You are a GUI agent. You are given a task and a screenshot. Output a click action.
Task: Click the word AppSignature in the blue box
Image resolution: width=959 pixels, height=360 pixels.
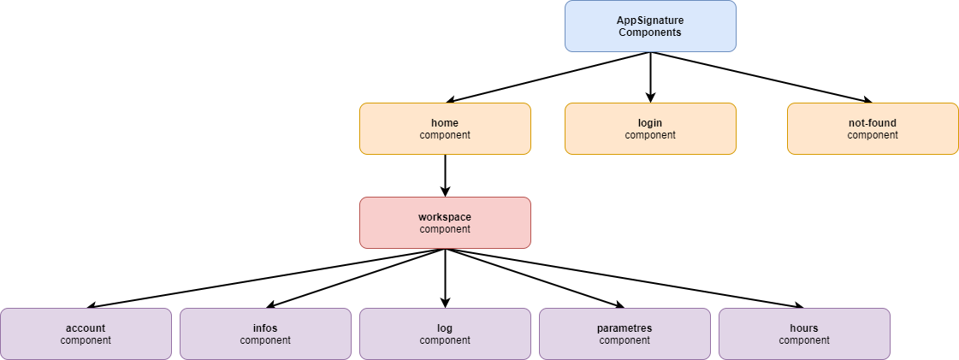point(650,20)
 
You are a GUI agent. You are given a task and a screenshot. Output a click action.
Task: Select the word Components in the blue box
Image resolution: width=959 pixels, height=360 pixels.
point(650,32)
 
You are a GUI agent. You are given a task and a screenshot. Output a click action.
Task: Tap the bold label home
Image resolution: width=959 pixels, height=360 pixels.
point(445,123)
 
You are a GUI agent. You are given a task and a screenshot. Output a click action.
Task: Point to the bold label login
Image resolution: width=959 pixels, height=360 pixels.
point(650,123)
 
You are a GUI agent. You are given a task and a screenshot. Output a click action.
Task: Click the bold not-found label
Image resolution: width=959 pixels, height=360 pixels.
point(873,123)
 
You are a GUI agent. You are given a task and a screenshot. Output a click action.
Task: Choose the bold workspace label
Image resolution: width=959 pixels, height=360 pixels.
point(445,217)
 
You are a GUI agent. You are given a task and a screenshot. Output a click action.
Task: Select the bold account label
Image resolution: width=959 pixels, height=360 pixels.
point(86,328)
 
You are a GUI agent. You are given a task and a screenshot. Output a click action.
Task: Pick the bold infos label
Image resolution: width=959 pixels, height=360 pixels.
point(265,328)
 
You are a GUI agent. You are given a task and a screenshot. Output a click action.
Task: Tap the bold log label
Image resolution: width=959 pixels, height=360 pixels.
point(445,328)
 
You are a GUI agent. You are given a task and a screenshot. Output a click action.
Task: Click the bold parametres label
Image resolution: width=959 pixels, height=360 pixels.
point(625,328)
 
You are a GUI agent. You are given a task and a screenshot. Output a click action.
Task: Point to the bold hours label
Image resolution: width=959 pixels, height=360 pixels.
point(804,328)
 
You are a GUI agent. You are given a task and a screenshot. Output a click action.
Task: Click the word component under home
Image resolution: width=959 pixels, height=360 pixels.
point(445,135)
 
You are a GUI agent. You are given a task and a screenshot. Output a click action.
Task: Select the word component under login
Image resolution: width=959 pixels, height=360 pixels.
point(650,135)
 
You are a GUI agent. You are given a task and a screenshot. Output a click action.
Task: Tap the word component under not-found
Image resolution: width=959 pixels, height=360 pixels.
point(873,135)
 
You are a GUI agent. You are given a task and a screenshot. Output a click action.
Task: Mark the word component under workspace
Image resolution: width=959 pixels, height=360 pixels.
point(445,229)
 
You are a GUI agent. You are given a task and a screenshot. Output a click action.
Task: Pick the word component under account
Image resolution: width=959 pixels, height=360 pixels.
point(86,340)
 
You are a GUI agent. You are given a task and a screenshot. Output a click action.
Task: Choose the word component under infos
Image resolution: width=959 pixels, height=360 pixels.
point(265,340)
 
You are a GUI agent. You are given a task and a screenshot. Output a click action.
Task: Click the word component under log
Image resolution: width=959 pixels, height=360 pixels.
point(445,340)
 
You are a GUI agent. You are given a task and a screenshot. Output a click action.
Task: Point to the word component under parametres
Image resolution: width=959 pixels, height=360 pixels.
point(625,340)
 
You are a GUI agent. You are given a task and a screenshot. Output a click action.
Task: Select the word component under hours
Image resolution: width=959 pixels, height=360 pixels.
point(804,340)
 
